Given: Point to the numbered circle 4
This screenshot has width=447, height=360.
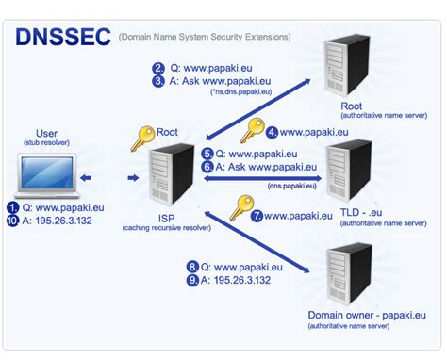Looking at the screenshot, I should (272, 133).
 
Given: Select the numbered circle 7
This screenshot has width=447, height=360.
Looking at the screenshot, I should (256, 216).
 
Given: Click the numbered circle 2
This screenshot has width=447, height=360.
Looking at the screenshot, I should (158, 67).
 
